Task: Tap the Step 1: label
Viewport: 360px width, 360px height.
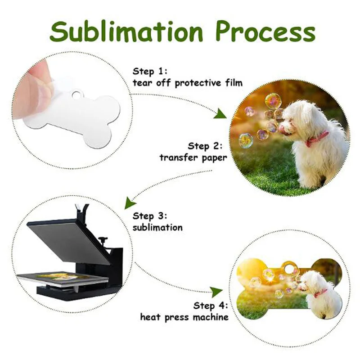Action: (x=149, y=71)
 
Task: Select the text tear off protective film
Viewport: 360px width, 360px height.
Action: (x=188, y=83)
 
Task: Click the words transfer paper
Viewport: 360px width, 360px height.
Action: (x=193, y=157)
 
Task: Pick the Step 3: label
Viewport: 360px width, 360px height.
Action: (x=149, y=215)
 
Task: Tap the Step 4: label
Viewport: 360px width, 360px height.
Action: (x=211, y=306)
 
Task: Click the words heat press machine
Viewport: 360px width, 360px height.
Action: (x=184, y=317)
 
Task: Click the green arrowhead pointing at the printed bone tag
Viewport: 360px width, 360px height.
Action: (x=217, y=291)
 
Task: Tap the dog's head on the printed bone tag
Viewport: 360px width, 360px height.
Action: (x=309, y=281)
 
